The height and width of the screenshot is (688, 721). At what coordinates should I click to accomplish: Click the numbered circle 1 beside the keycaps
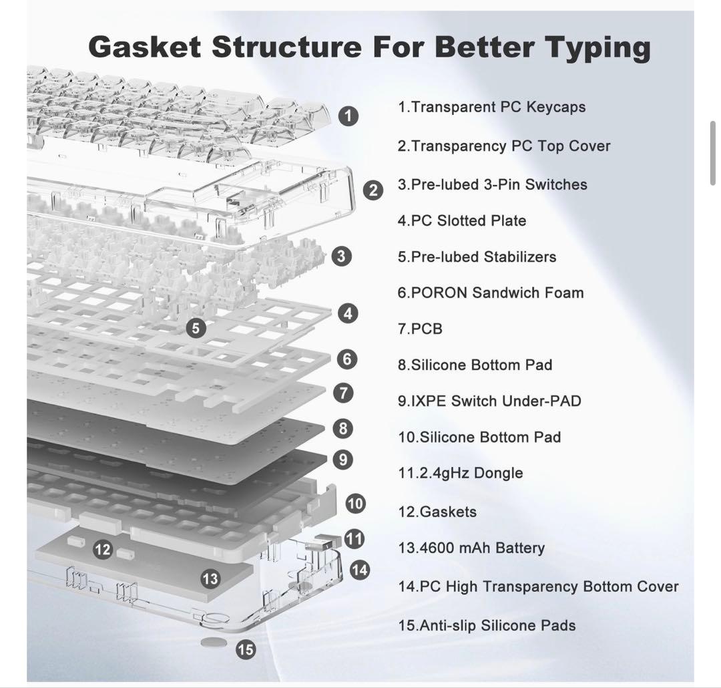[x=348, y=116]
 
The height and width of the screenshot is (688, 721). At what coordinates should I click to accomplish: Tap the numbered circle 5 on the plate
[x=196, y=328]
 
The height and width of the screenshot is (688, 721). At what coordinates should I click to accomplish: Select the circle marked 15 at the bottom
[x=246, y=649]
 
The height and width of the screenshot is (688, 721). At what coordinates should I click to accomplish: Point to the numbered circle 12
[x=103, y=550]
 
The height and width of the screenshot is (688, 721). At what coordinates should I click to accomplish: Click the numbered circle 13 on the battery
[x=210, y=578]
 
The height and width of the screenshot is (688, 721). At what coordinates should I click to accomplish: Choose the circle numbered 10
[x=355, y=503]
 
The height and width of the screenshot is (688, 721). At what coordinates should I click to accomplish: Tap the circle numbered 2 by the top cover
[x=373, y=190]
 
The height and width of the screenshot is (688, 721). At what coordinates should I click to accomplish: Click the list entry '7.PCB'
[x=420, y=329]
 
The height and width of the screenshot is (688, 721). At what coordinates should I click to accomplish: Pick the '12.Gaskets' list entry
[x=437, y=512]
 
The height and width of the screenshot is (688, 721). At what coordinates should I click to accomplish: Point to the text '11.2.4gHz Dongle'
[x=460, y=473]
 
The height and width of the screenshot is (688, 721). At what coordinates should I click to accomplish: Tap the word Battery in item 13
[x=519, y=548]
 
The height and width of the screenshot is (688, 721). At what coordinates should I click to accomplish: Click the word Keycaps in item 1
[x=555, y=107]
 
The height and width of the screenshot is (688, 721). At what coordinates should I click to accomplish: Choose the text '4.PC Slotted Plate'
[x=462, y=220]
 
